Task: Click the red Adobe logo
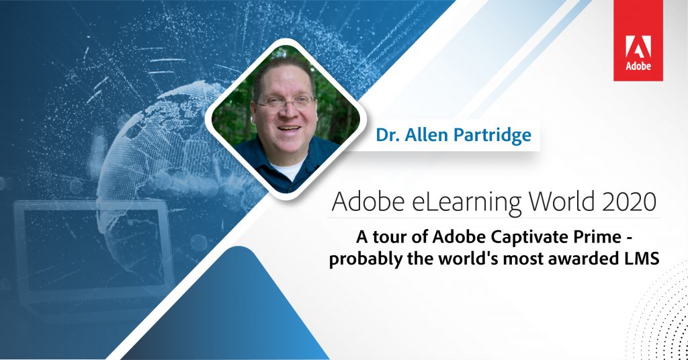point(638,40)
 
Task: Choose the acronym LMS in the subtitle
point(638,259)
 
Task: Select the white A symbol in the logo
point(638,46)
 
